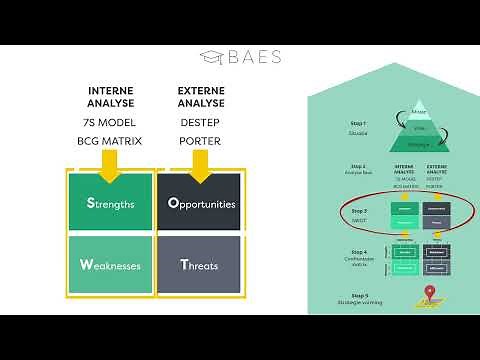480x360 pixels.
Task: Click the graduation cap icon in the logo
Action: tap(212, 57)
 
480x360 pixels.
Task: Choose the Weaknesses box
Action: tap(110, 265)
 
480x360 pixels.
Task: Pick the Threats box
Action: tap(201, 265)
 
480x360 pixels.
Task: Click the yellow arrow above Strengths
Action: tap(109, 165)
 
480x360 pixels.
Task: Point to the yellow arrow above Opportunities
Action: tap(200, 165)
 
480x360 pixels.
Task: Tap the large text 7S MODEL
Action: tap(110, 122)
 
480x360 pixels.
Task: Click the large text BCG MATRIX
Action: tap(110, 141)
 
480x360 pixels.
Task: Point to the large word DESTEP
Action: tap(200, 122)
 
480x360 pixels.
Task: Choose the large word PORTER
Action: tap(200, 141)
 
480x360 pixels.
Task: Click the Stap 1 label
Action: tap(358, 123)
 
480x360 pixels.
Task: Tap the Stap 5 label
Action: tap(358, 295)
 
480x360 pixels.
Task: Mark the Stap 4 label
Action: tap(358, 253)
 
